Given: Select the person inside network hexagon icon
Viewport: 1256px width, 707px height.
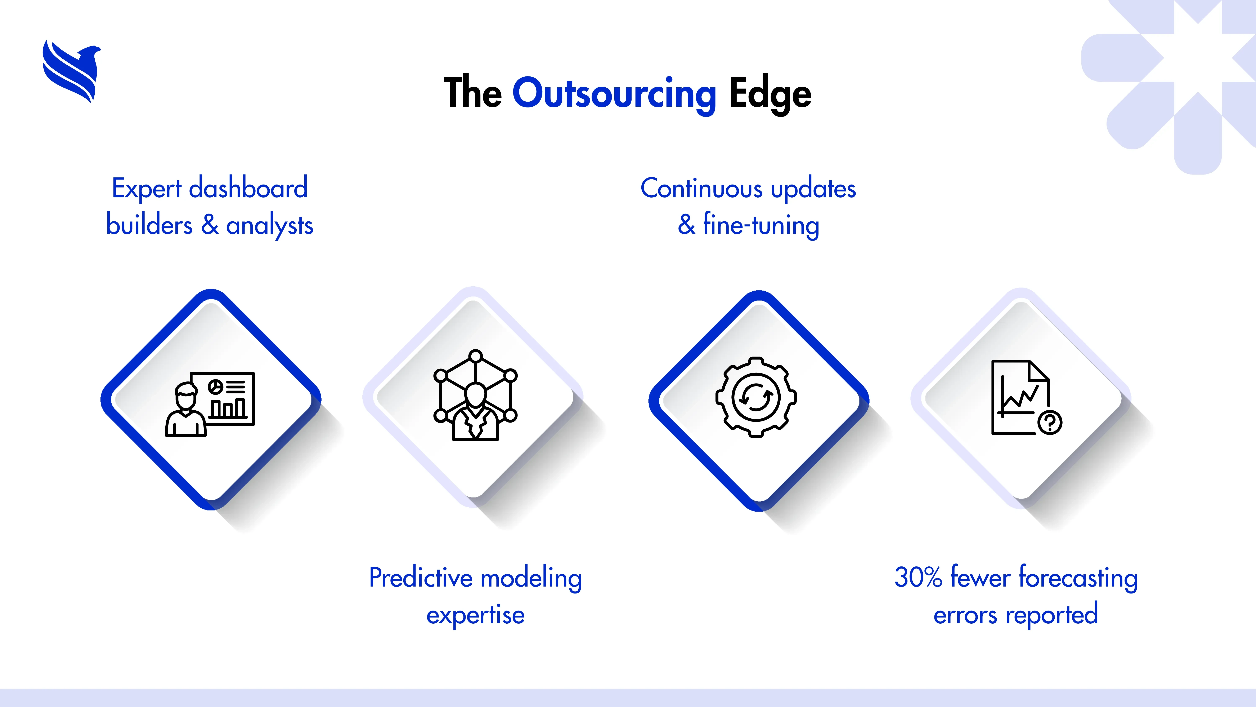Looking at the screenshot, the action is (475, 395).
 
